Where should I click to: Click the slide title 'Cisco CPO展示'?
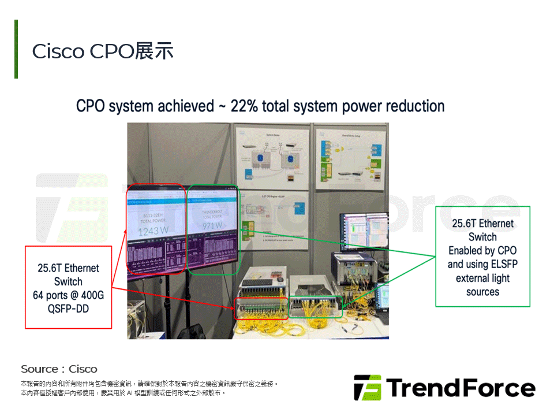click(103, 51)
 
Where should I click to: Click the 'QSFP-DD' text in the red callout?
click(68, 309)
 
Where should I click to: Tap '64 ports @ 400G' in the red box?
click(68, 295)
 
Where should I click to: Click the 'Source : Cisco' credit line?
click(59, 369)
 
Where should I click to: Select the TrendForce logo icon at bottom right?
click(367, 388)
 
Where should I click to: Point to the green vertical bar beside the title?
click(16, 49)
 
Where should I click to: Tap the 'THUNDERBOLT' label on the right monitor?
click(212, 212)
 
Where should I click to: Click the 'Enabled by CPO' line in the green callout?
click(482, 250)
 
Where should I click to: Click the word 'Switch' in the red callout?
click(68, 281)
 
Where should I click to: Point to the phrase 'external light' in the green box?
click(482, 278)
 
